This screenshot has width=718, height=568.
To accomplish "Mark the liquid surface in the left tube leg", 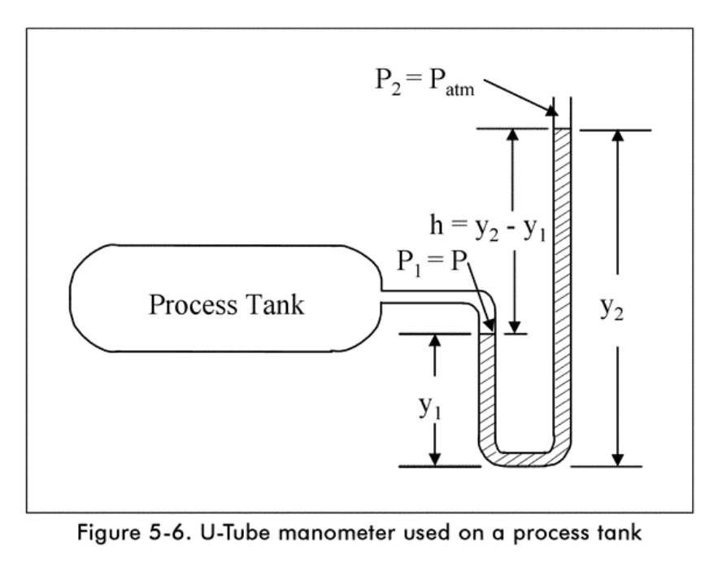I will [x=487, y=334].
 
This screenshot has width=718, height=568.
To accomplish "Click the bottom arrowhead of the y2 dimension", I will [x=619, y=460].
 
